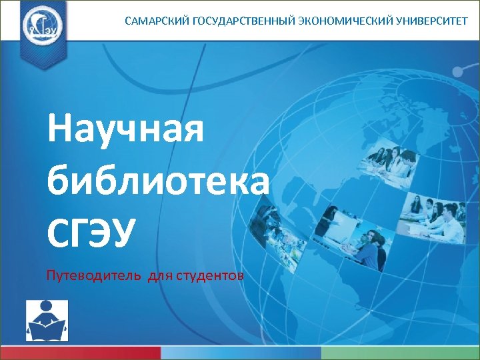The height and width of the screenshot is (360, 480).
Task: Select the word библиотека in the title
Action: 159,179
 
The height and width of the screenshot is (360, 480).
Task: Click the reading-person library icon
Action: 47,321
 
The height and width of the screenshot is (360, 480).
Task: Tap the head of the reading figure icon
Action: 47,309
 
